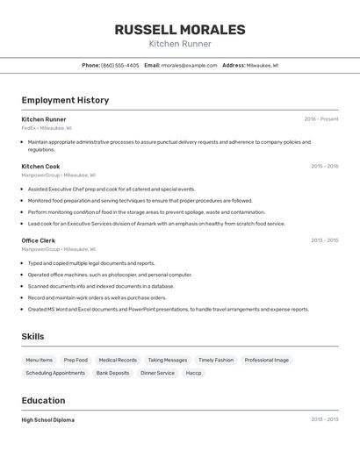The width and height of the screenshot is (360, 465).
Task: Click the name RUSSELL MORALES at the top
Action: point(180,30)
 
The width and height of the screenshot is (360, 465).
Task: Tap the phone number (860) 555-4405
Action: point(119,65)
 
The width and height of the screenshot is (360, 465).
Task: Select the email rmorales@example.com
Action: point(189,65)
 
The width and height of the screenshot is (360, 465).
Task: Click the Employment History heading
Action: point(65,100)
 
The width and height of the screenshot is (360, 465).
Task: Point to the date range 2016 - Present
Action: point(320,119)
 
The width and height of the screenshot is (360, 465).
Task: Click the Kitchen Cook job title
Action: point(40,166)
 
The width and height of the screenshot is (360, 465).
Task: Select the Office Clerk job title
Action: point(39,240)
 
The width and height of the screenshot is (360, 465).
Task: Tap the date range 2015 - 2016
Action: point(324,166)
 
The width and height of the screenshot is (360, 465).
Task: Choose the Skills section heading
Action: point(33,336)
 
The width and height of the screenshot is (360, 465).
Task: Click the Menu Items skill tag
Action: point(39,360)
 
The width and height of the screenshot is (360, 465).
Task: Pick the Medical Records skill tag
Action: point(118,360)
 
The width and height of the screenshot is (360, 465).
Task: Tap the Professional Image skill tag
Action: point(266,360)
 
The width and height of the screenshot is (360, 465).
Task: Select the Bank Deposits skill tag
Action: point(113,373)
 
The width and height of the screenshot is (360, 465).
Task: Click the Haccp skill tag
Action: point(193,373)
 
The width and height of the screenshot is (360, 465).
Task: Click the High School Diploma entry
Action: point(48,420)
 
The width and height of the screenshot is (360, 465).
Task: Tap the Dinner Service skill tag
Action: point(158,373)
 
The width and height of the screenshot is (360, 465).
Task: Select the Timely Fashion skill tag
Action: point(216,360)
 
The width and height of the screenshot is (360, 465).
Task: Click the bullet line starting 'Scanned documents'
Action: point(101,286)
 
